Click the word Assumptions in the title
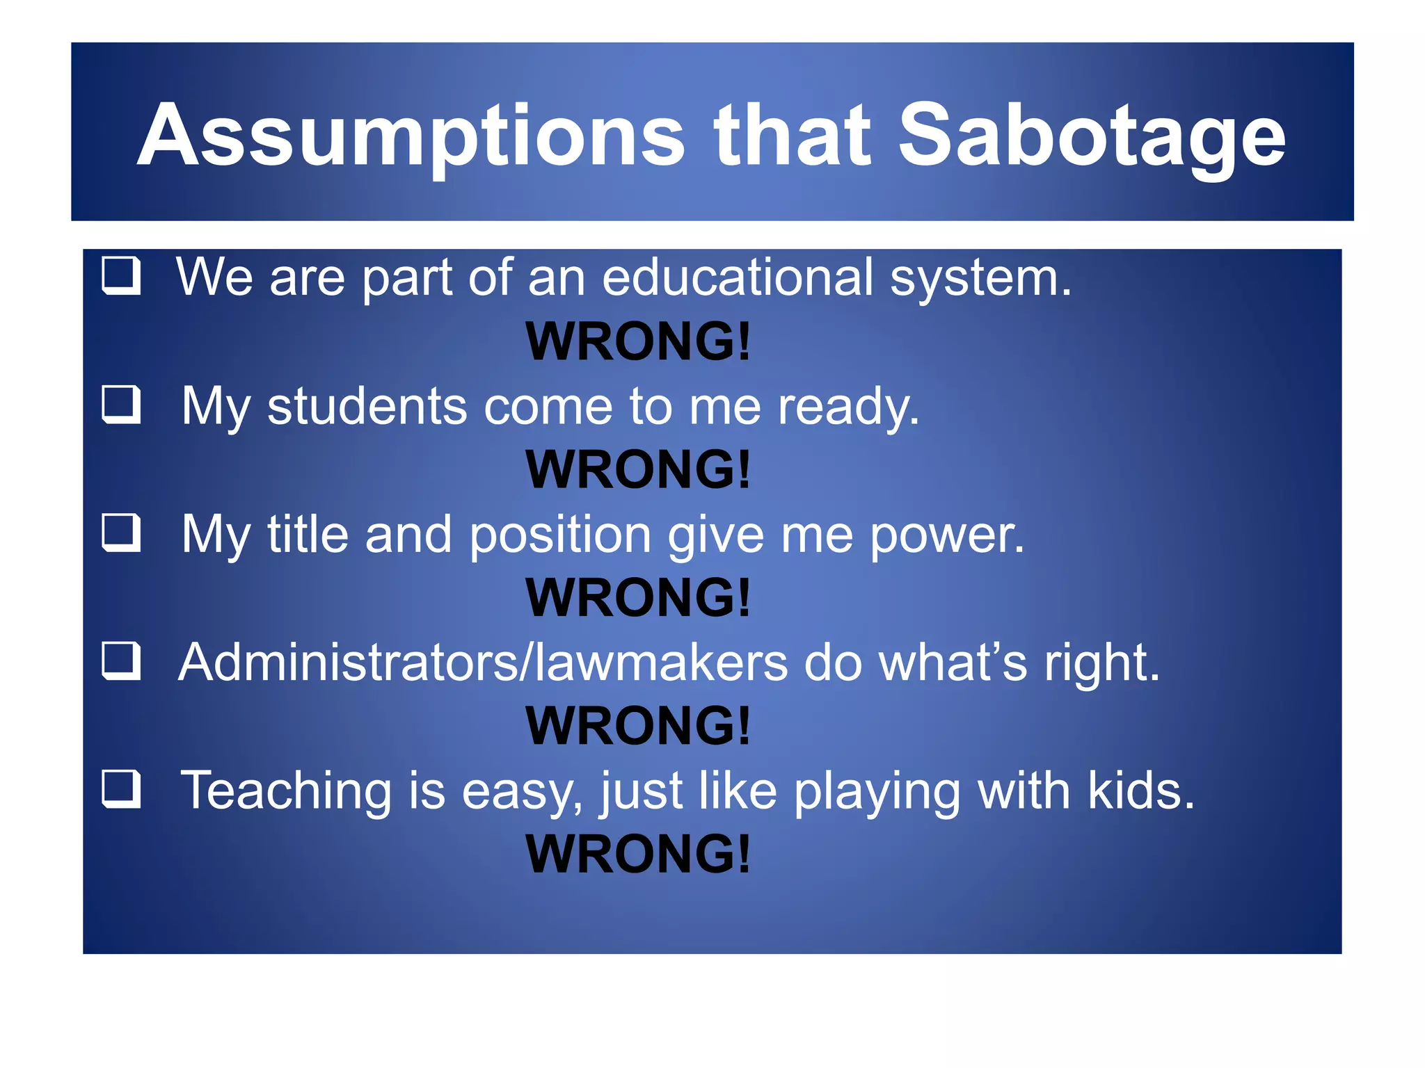click(411, 136)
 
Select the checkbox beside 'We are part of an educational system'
click(122, 276)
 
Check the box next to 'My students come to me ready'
click(122, 405)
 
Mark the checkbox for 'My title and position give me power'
click(122, 533)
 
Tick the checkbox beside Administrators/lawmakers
click(122, 661)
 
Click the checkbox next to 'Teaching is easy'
click(122, 790)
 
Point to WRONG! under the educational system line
click(638, 341)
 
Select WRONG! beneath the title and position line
click(638, 598)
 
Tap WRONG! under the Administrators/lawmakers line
click(638, 726)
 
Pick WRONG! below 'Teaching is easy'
click(638, 854)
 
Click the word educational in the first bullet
click(737, 277)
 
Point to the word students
click(367, 406)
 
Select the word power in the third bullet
click(947, 535)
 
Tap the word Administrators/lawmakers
click(483, 663)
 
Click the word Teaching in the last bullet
click(286, 791)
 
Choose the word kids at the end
click(1140, 791)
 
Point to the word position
click(560, 535)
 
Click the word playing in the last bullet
click(877, 793)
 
